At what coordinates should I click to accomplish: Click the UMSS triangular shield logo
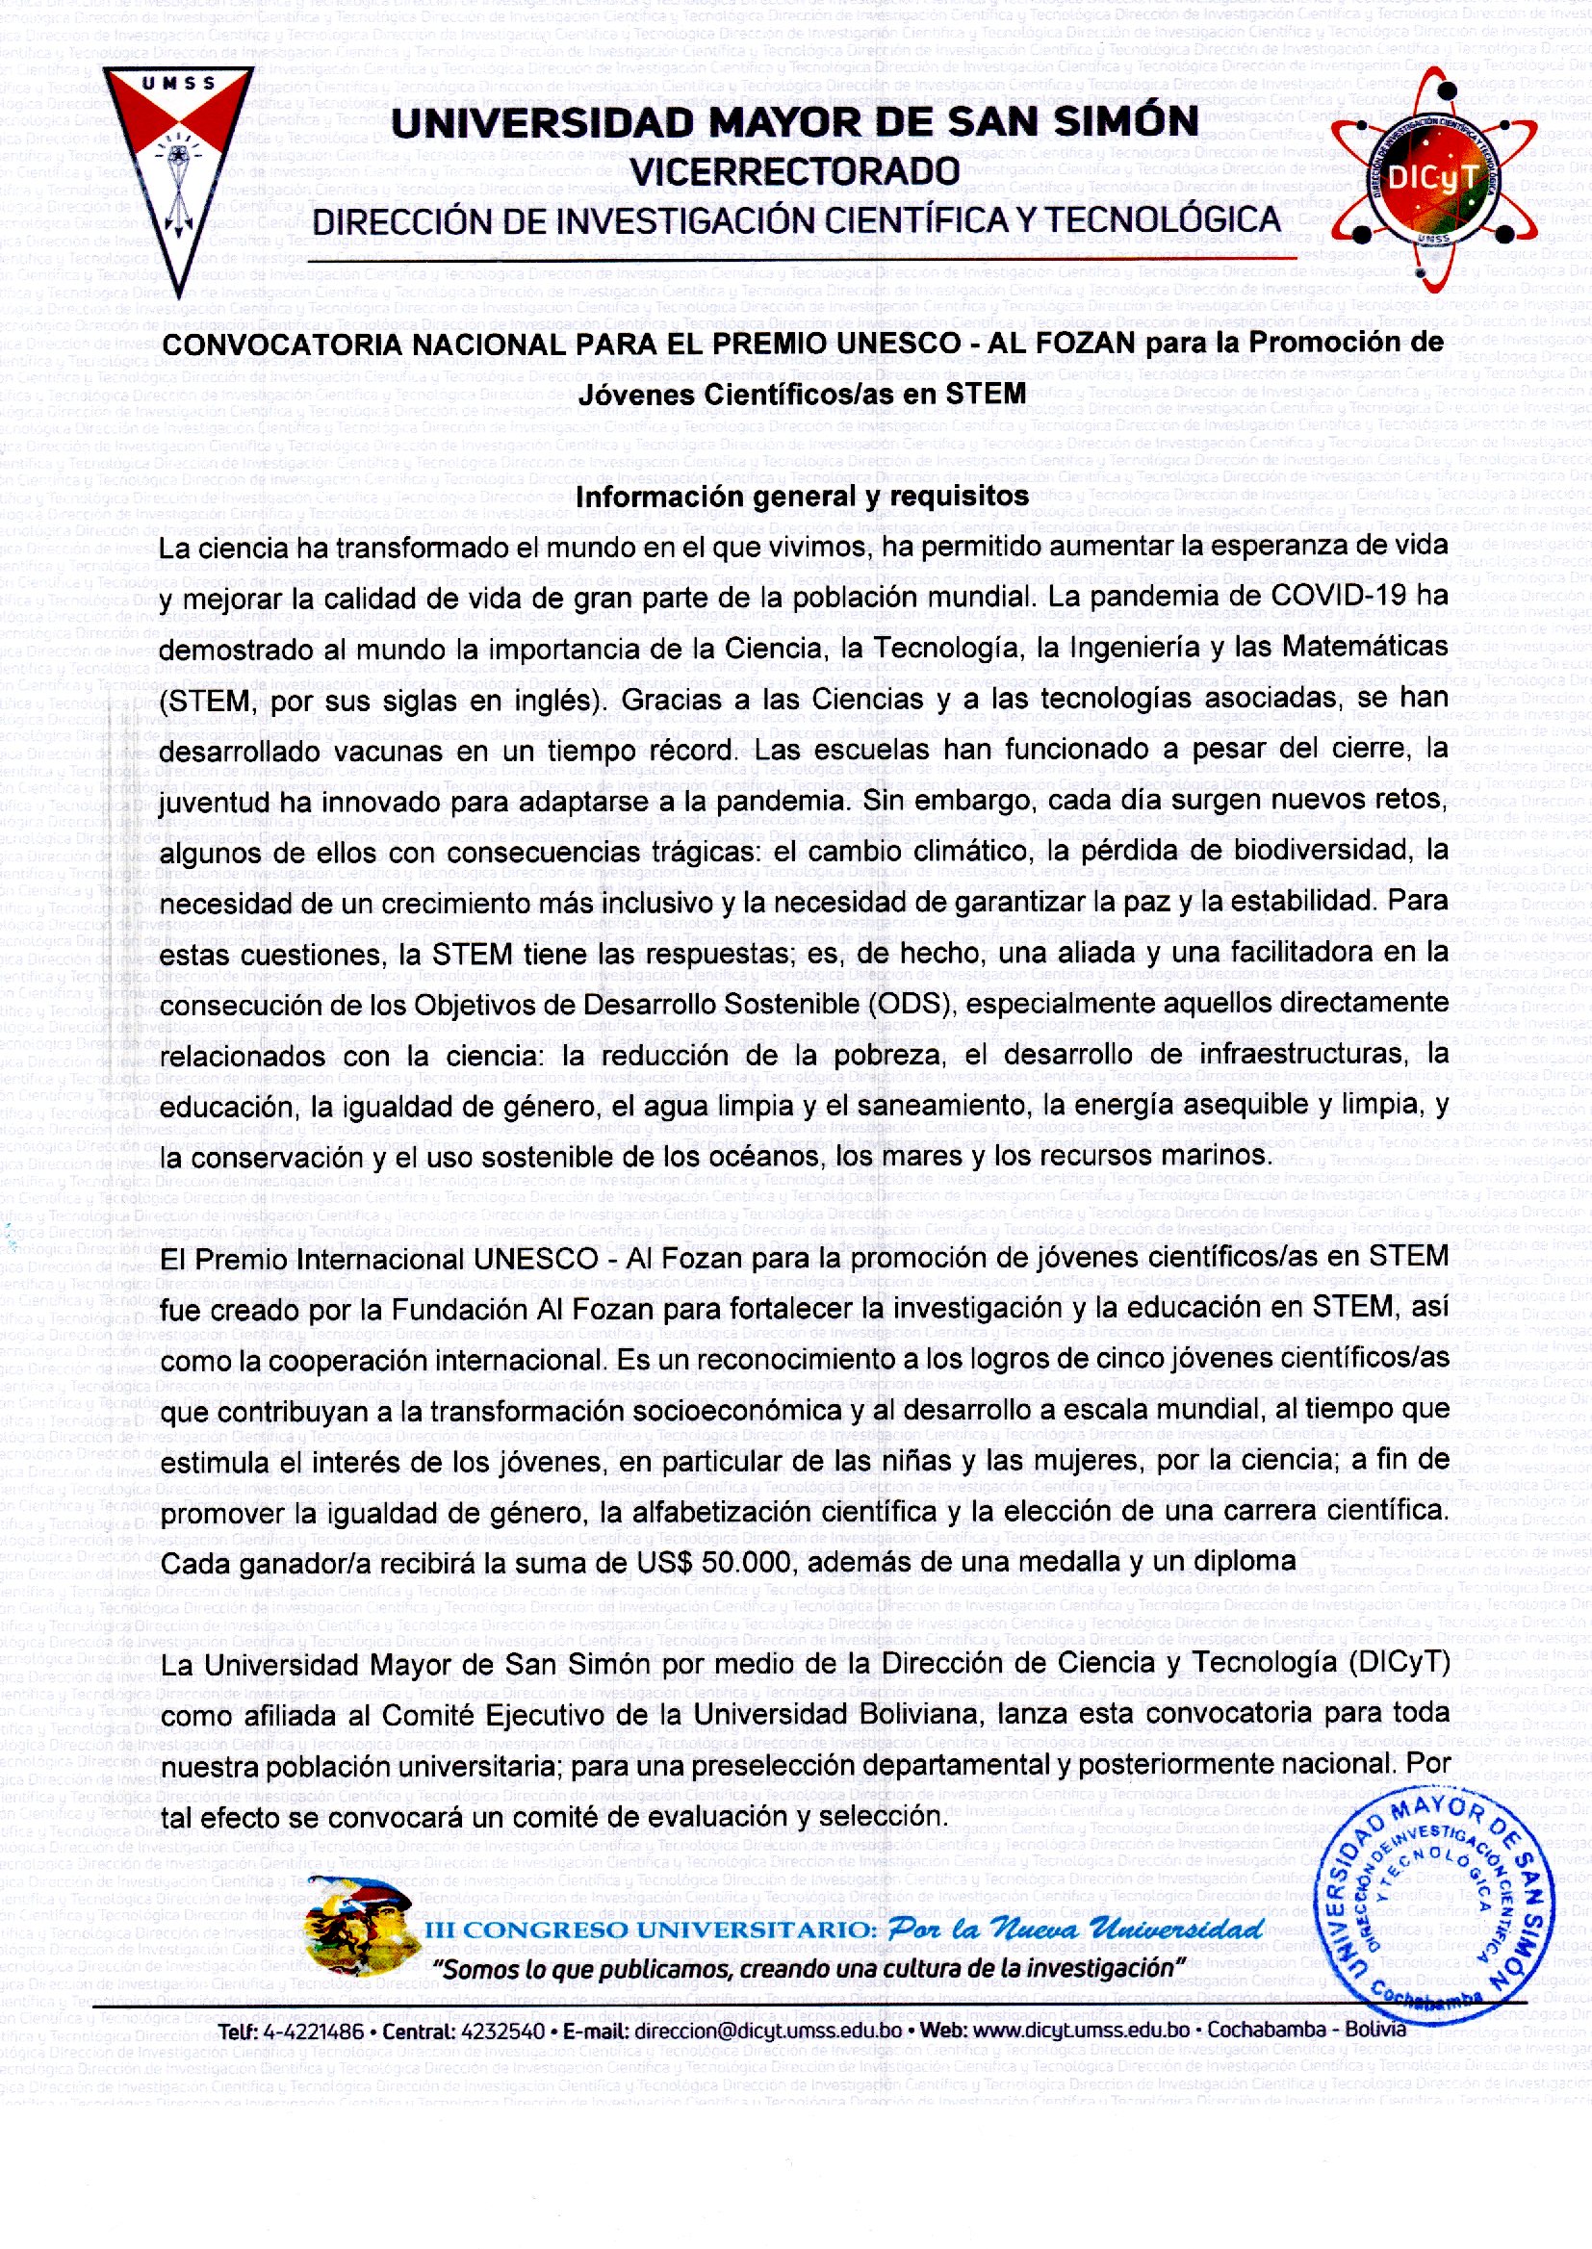(177, 166)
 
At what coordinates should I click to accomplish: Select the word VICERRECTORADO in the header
(795, 171)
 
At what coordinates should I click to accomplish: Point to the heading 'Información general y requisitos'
(802, 497)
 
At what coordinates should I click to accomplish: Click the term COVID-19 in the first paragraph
(1339, 595)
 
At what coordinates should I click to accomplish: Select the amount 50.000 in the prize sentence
(746, 1561)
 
